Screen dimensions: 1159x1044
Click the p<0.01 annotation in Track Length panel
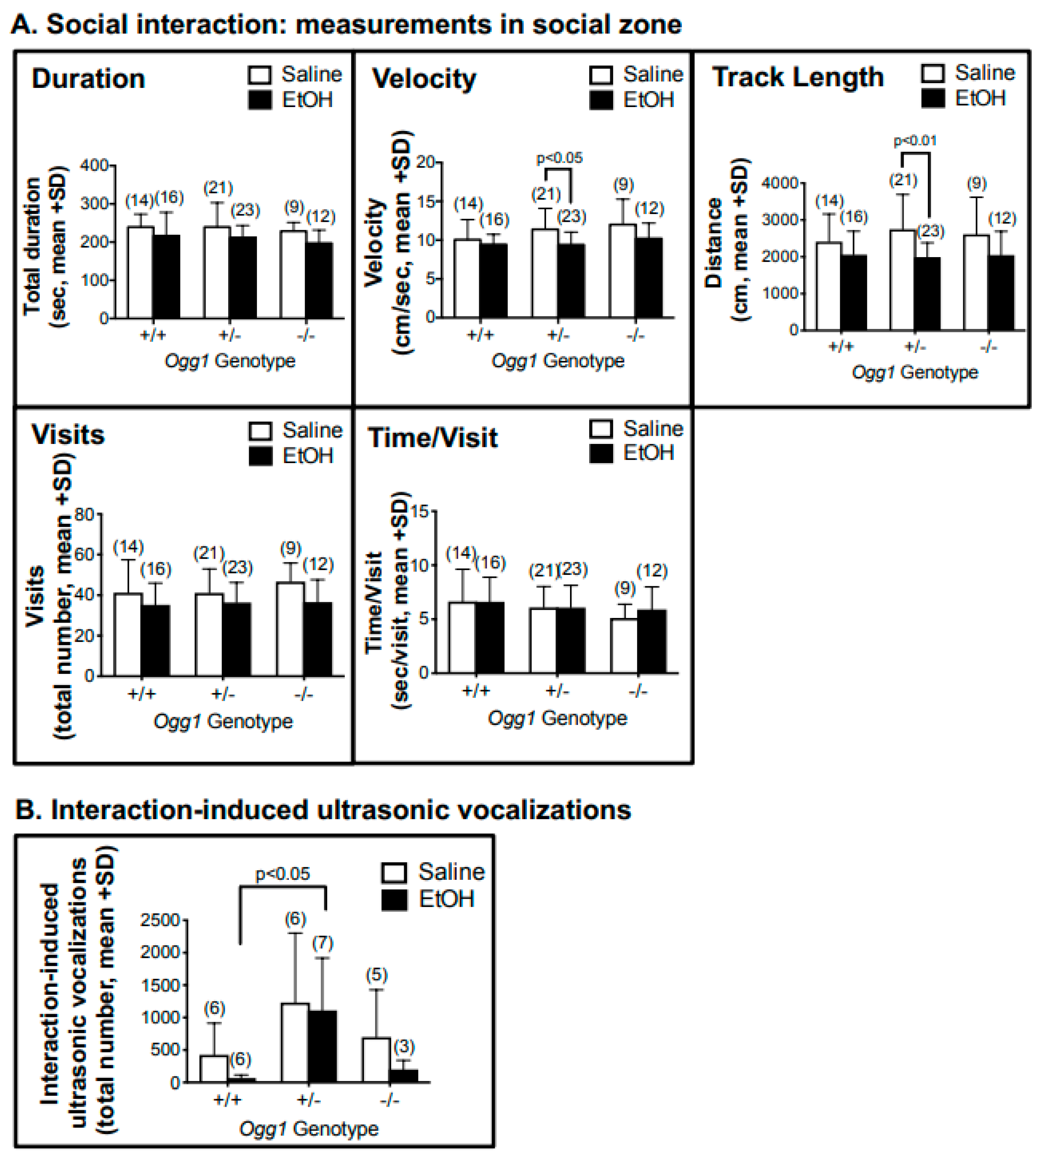tap(915, 141)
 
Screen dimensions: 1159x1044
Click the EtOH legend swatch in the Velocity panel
tap(601, 100)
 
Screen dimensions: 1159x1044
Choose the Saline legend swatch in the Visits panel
tap(260, 431)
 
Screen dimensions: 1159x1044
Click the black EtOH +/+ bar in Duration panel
tap(166, 277)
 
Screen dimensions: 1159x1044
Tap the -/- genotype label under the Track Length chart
tap(988, 346)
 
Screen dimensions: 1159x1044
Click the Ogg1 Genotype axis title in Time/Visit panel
tap(557, 718)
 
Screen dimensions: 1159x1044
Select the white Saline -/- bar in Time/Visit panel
tap(624, 646)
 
